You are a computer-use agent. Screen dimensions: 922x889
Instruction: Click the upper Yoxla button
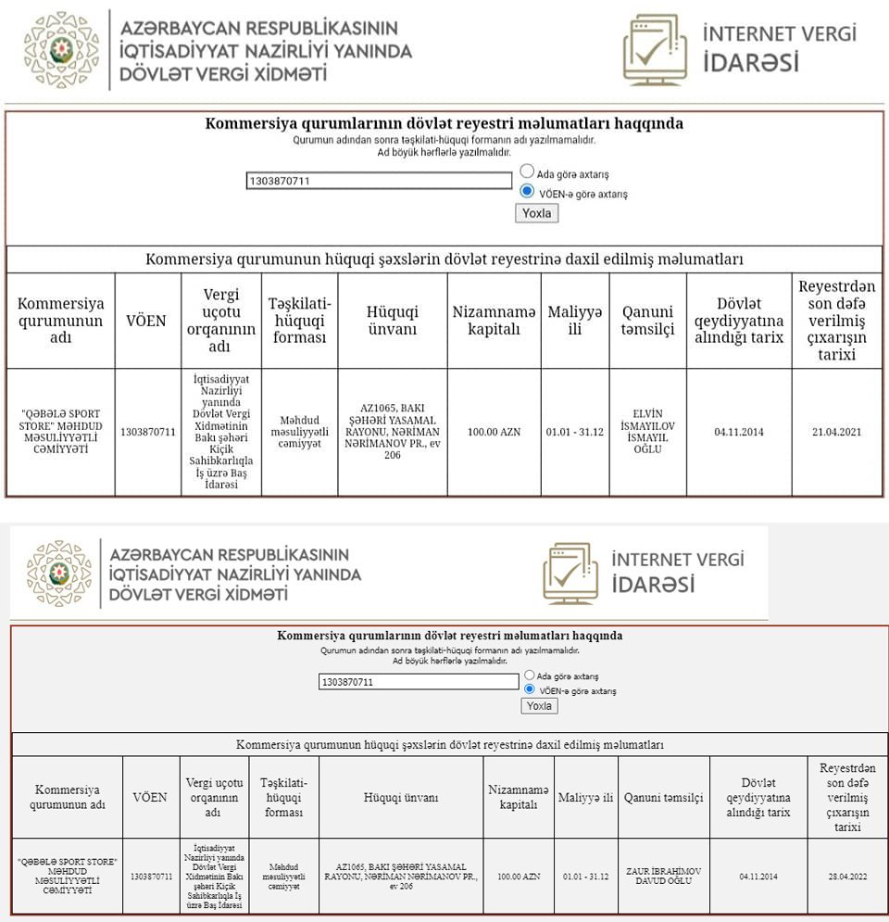tap(536, 213)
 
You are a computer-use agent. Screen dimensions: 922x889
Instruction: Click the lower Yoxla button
tap(538, 706)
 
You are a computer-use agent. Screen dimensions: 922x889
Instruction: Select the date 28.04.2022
tap(847, 876)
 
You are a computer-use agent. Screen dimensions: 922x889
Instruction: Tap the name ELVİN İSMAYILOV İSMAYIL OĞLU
tap(647, 432)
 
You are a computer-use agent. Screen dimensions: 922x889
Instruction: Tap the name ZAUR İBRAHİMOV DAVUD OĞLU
tap(663, 876)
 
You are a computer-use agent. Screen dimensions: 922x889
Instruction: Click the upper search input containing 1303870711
tap(379, 182)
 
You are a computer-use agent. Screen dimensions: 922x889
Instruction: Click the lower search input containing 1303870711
tap(418, 682)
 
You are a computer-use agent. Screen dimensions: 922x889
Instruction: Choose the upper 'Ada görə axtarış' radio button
tap(527, 171)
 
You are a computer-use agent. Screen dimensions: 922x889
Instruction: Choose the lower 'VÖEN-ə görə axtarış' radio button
tap(530, 689)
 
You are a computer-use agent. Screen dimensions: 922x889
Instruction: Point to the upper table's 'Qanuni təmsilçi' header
tap(647, 322)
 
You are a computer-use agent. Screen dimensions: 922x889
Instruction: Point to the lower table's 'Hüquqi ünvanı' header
tap(401, 797)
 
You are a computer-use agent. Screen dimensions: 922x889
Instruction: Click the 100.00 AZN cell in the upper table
tap(494, 433)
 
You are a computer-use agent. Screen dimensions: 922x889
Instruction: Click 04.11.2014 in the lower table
tap(758, 876)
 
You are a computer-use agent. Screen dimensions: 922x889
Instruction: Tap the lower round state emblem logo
tap(58, 573)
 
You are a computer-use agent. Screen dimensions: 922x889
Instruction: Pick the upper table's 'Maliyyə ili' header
tap(574, 322)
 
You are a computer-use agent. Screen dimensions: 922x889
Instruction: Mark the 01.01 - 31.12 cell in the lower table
tap(585, 876)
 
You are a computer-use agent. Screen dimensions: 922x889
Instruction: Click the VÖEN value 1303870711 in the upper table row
tap(147, 433)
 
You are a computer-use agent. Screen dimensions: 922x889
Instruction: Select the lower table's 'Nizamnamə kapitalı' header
tap(518, 797)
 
